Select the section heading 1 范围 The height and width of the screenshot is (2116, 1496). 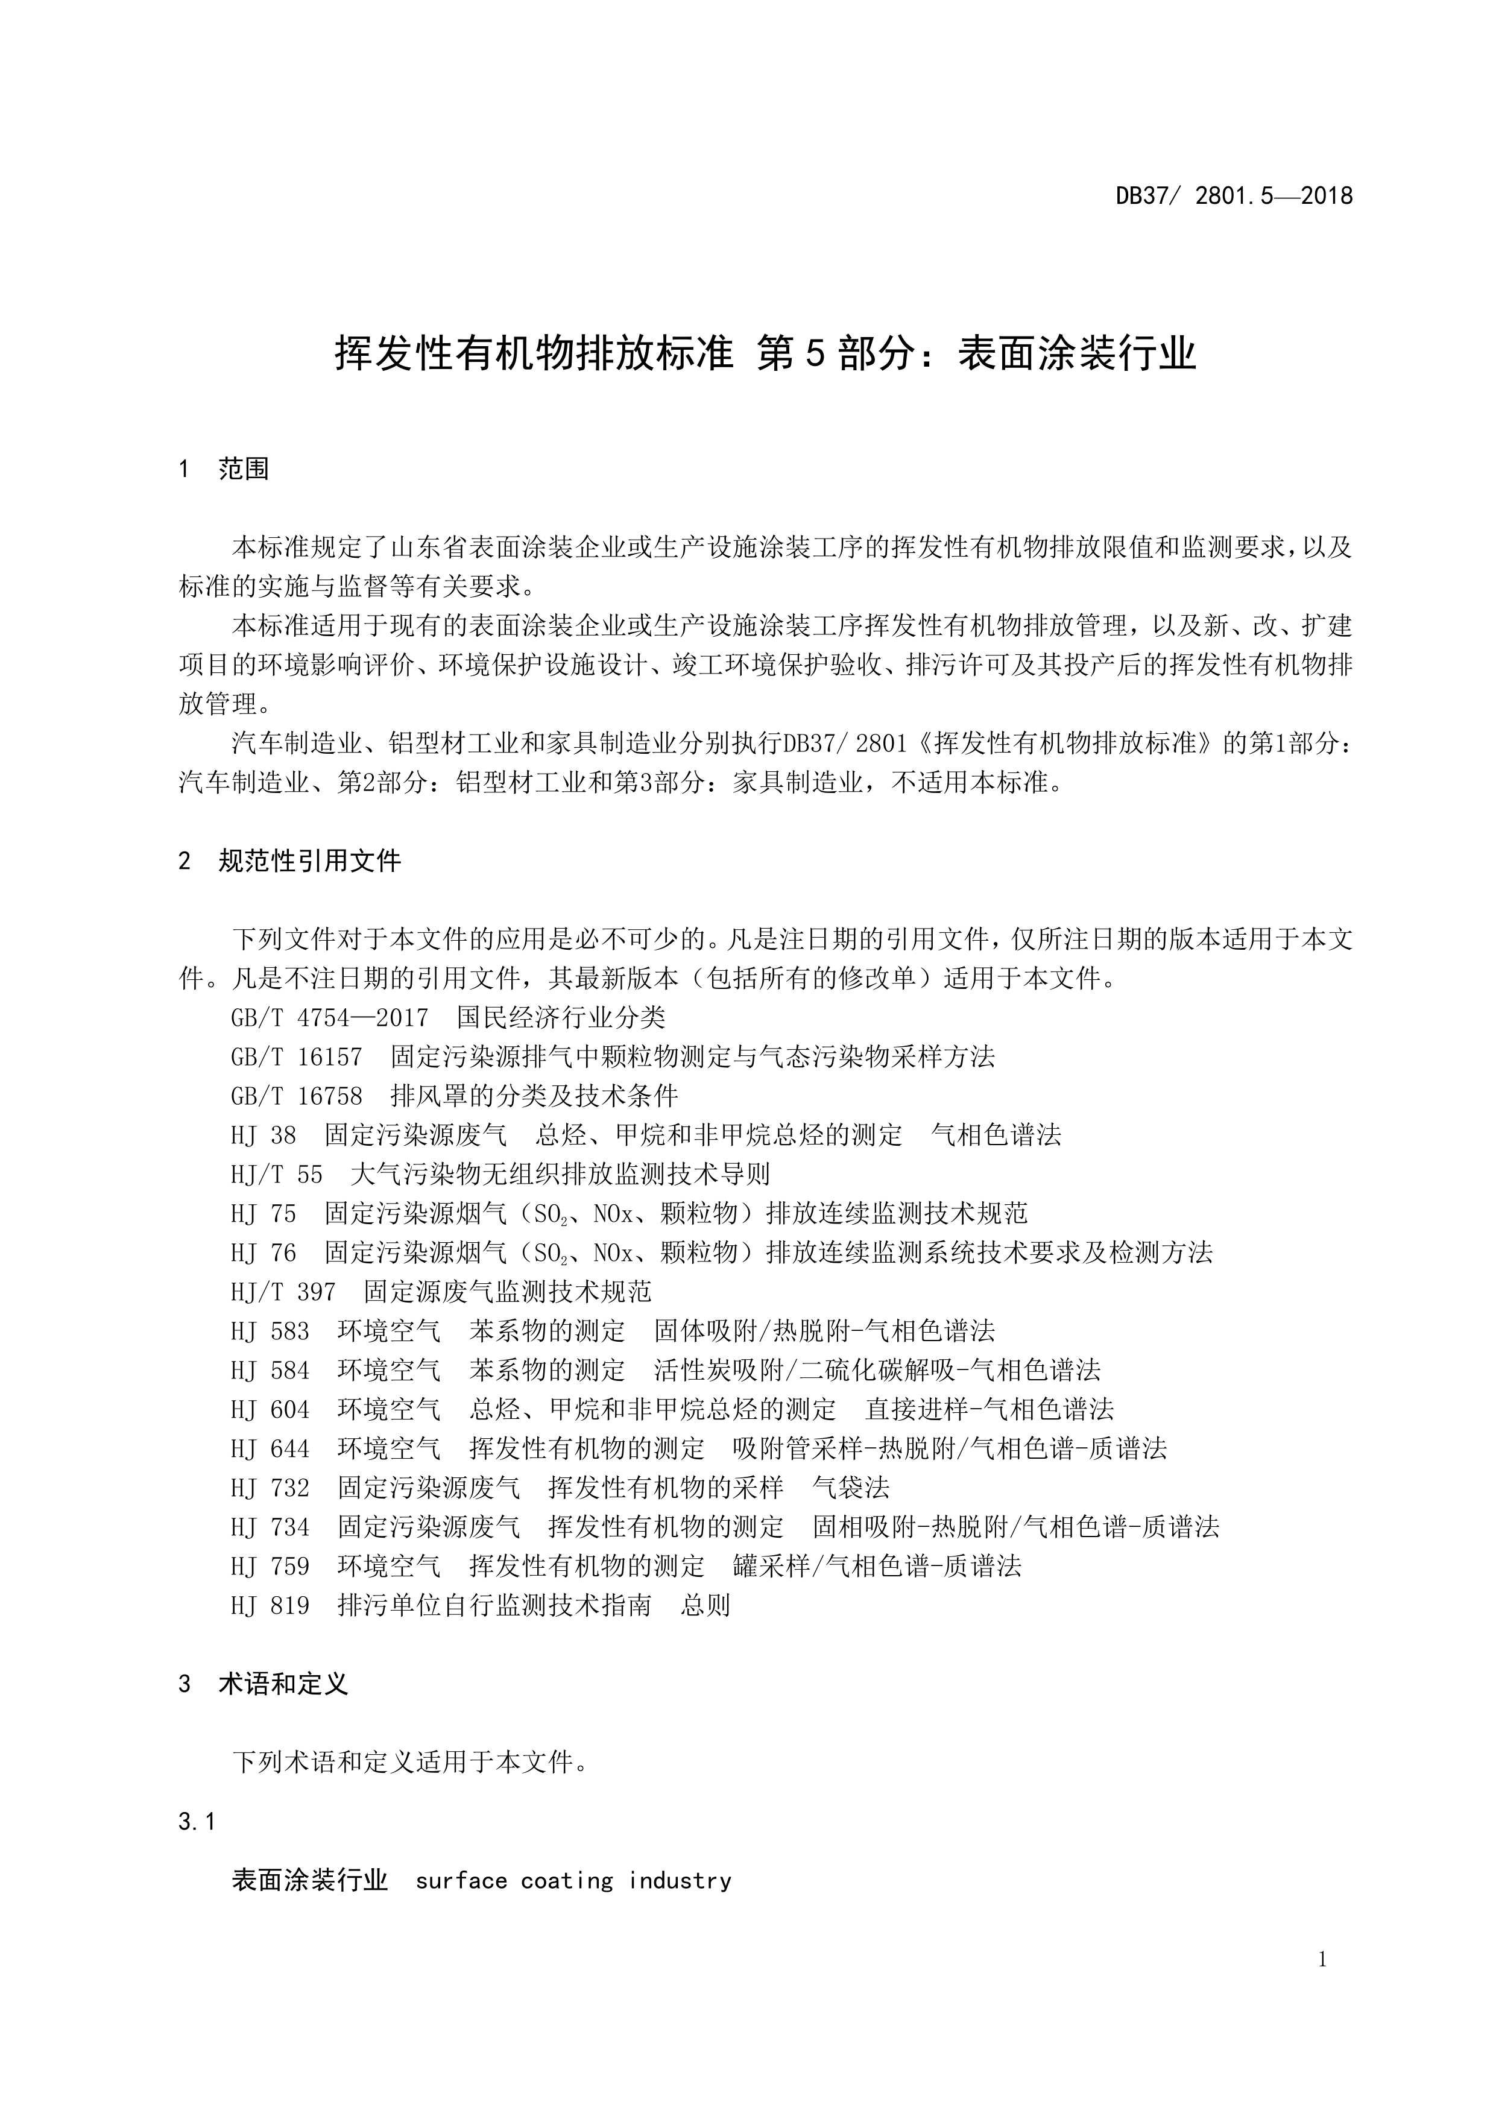[x=224, y=469]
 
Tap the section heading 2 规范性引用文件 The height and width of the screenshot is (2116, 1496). [x=289, y=861]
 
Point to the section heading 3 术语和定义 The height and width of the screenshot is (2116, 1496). [x=263, y=1684]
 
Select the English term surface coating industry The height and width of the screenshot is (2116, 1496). [x=573, y=1880]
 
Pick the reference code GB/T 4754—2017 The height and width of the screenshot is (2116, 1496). [x=329, y=1017]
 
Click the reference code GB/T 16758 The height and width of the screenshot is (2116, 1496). [x=296, y=1096]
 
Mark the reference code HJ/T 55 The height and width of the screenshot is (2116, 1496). [x=277, y=1174]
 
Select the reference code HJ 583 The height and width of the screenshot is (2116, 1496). [x=270, y=1331]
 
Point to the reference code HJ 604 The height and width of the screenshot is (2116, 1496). [x=270, y=1409]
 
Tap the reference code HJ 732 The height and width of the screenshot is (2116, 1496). [x=270, y=1488]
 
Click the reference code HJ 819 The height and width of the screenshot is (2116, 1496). [x=270, y=1605]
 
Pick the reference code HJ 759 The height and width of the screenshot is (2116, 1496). [x=270, y=1566]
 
